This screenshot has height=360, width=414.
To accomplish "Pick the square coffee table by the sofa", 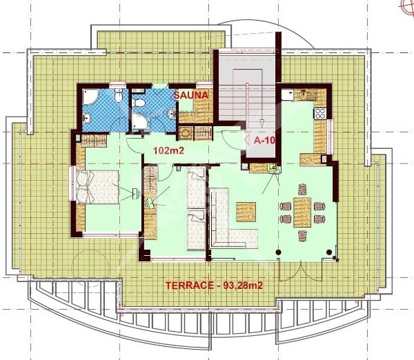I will (247, 210).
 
